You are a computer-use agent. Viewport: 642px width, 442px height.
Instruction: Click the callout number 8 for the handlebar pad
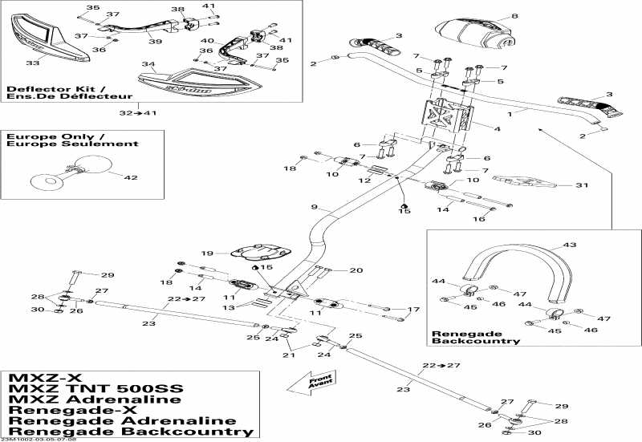pyautogui.click(x=514, y=15)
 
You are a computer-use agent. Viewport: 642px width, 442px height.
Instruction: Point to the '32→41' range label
pyautogui.click(x=140, y=113)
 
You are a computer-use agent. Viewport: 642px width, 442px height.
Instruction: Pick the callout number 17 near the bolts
pyautogui.click(x=415, y=310)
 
